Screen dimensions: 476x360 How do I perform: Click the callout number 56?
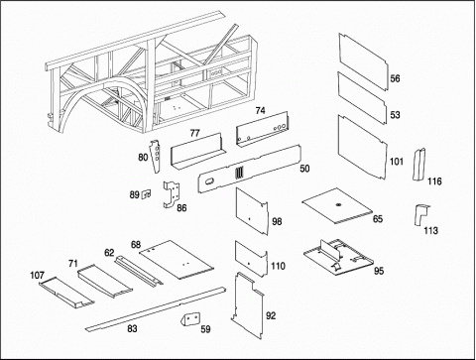click(x=395, y=78)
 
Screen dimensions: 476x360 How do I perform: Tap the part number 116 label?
click(x=434, y=181)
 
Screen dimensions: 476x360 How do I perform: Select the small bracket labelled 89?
click(x=146, y=194)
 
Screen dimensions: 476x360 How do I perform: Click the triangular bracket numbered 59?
click(x=189, y=318)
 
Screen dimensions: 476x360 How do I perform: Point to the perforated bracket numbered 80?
click(x=155, y=156)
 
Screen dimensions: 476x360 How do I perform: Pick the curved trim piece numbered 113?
click(x=421, y=214)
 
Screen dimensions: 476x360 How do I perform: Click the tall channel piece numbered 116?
click(x=418, y=165)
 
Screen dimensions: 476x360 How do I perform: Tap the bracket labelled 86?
click(x=172, y=194)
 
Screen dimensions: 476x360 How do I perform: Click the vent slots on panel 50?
click(x=239, y=173)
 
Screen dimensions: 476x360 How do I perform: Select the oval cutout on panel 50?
click(x=209, y=181)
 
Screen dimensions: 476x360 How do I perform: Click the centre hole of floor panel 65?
click(x=338, y=205)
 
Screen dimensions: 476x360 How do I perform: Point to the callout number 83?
click(x=132, y=328)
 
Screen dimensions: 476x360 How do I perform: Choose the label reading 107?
click(x=37, y=275)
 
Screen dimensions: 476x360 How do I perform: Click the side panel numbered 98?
click(x=252, y=211)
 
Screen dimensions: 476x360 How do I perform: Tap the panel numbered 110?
click(x=251, y=259)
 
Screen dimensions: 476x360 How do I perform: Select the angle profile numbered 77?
click(x=197, y=152)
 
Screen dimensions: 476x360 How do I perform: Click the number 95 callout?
click(x=379, y=271)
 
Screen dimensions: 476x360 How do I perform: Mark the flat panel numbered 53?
click(x=362, y=98)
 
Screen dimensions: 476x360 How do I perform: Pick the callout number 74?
click(x=260, y=110)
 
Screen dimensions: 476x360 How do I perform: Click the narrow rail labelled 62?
click(x=138, y=270)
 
